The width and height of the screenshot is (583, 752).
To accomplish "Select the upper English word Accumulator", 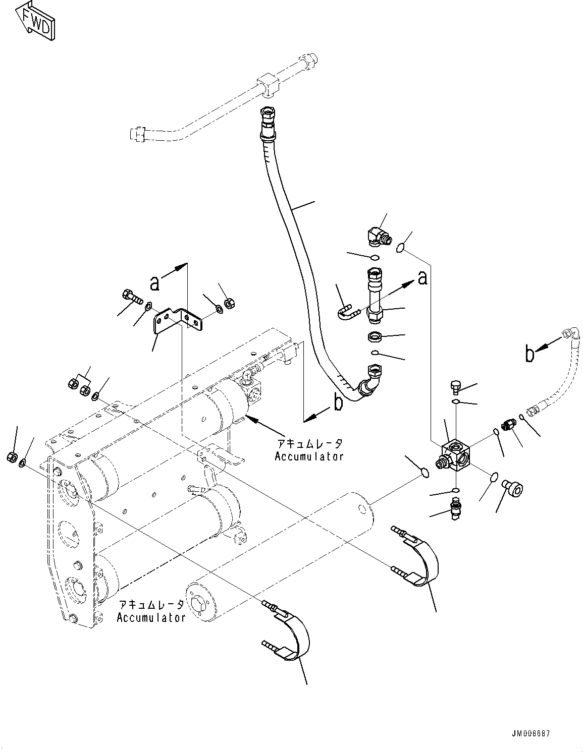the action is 309,456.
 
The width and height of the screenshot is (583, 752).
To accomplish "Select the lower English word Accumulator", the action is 151,617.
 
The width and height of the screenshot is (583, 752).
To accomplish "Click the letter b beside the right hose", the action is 529,354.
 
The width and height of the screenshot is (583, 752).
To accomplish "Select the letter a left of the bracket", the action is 155,283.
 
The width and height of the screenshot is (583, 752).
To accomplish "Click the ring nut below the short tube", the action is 375,335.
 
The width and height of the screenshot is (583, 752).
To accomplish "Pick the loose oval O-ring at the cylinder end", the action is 425,473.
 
